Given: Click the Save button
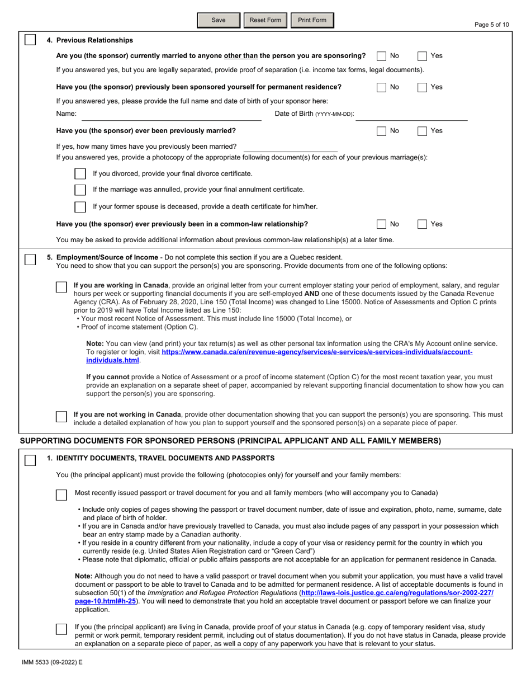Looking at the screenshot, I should tap(219, 20).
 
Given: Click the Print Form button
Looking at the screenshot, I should tap(312, 20).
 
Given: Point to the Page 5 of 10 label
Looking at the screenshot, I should tap(491, 25).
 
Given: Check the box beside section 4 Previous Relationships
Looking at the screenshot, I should tap(30, 40).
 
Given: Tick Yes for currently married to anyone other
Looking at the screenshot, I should tap(423, 56).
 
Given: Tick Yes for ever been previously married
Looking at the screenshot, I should tap(423, 131).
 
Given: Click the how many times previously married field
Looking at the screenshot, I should tap(290, 147).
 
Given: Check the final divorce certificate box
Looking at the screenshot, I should tap(80, 174).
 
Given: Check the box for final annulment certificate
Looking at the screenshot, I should tap(80, 190).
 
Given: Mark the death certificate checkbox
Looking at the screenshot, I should tap(80, 207).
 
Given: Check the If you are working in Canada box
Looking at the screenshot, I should tap(62, 287).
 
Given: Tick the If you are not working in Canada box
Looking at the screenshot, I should tap(62, 416).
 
